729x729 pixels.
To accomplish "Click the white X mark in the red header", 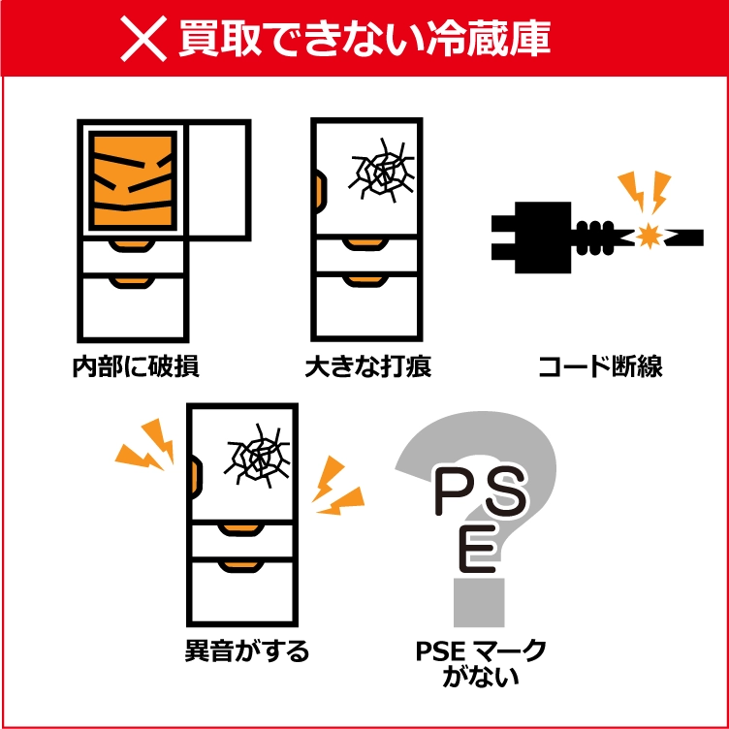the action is pos(143,39).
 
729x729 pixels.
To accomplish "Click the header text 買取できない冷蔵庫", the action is pos(364,39).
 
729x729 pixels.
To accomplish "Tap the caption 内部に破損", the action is pos(137,366).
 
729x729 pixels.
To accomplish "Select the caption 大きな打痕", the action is pos(368,366).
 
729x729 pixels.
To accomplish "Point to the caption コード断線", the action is pos(600,366).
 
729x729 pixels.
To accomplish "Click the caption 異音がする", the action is pos(247,650).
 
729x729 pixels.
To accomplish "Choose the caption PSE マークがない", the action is pos(481,664).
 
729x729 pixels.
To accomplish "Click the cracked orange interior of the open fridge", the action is pos(133,180).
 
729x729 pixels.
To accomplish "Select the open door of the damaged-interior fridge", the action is pos(219,180).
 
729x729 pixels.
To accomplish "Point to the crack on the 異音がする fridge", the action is pos(257,456).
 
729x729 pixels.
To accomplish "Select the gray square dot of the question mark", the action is pos(479,603).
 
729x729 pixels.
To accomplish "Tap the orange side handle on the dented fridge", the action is pos(321,192).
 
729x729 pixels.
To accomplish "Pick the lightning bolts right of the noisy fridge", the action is pos(338,485).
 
